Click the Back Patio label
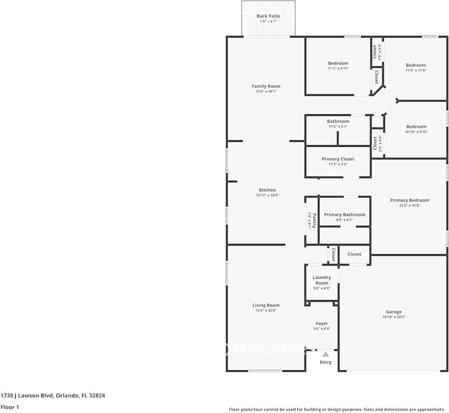pos(268,16)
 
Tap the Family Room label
pos(266,86)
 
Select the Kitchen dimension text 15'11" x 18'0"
pos(267,196)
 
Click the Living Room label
pos(266,305)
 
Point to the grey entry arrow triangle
pos(325,354)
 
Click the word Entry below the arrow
pos(325,362)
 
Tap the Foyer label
pos(322,323)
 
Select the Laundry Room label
pos(322,280)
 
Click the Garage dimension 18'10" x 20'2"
pos(394,317)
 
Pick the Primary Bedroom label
pos(410,200)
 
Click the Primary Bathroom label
pos(345,215)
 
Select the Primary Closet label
pos(338,159)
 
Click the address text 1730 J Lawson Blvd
pos(27,396)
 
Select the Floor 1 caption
pos(10,407)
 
